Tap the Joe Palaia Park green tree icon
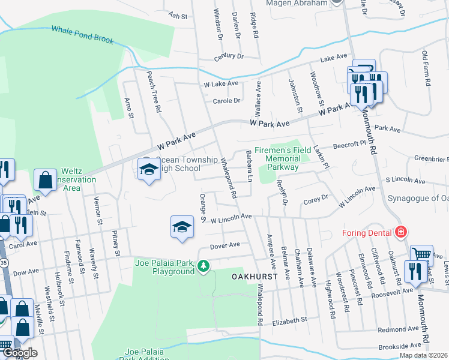click(204, 265)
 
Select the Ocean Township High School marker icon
click(147, 170)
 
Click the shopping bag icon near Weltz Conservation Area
click(46, 179)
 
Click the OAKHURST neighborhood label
click(254, 277)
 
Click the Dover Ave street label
click(224, 245)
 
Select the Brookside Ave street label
click(400, 346)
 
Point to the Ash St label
click(175, 14)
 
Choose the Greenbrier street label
click(431, 160)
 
